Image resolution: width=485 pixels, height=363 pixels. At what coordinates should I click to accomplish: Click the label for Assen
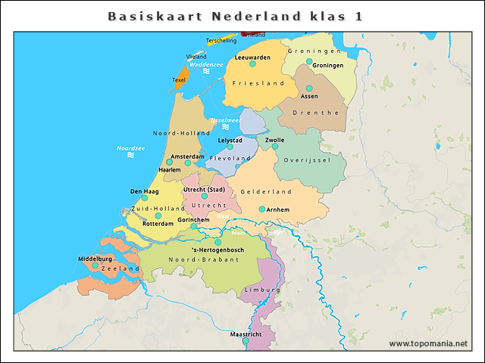309,97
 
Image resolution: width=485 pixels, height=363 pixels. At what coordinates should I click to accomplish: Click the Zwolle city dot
275,147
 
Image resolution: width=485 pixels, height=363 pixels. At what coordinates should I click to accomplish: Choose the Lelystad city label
230,140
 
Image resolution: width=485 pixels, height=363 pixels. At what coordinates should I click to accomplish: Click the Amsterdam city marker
187,163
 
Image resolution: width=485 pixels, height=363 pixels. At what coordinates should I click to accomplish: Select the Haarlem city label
169,170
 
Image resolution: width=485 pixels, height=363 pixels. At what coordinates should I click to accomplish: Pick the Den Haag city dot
144,198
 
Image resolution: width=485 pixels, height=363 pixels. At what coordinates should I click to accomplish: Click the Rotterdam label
158,224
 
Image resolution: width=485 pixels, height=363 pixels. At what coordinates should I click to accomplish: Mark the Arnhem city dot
262,209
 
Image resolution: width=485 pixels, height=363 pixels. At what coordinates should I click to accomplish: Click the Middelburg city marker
95,265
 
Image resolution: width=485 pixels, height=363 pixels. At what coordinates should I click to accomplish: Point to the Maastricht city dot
246,341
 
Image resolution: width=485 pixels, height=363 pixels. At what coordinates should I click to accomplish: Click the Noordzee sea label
130,148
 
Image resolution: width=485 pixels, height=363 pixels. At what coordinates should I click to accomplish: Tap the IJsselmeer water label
225,120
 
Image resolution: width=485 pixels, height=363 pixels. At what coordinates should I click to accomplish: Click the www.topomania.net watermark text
428,343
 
